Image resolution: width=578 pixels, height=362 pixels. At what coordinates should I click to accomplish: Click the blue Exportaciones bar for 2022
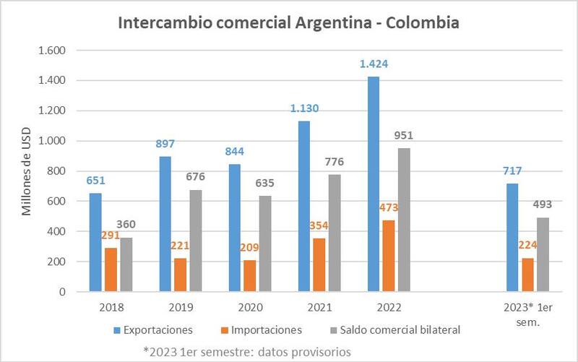click(373, 184)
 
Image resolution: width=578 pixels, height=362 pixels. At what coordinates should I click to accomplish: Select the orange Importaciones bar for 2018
click(111, 270)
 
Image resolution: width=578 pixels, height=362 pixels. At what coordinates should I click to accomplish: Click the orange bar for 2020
click(250, 275)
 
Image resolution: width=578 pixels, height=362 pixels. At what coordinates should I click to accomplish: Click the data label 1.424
click(374, 64)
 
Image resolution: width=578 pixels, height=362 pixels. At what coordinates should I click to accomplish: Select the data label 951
click(403, 135)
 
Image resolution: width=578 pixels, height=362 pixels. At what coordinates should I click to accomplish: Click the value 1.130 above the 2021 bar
click(304, 108)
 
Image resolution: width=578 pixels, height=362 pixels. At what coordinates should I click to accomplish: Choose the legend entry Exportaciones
click(153, 330)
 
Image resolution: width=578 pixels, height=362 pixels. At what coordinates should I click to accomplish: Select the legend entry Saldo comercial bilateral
click(394, 330)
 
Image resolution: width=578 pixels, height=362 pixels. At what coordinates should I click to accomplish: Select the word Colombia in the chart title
click(423, 22)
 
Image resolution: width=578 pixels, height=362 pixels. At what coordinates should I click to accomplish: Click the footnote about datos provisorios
click(247, 352)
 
